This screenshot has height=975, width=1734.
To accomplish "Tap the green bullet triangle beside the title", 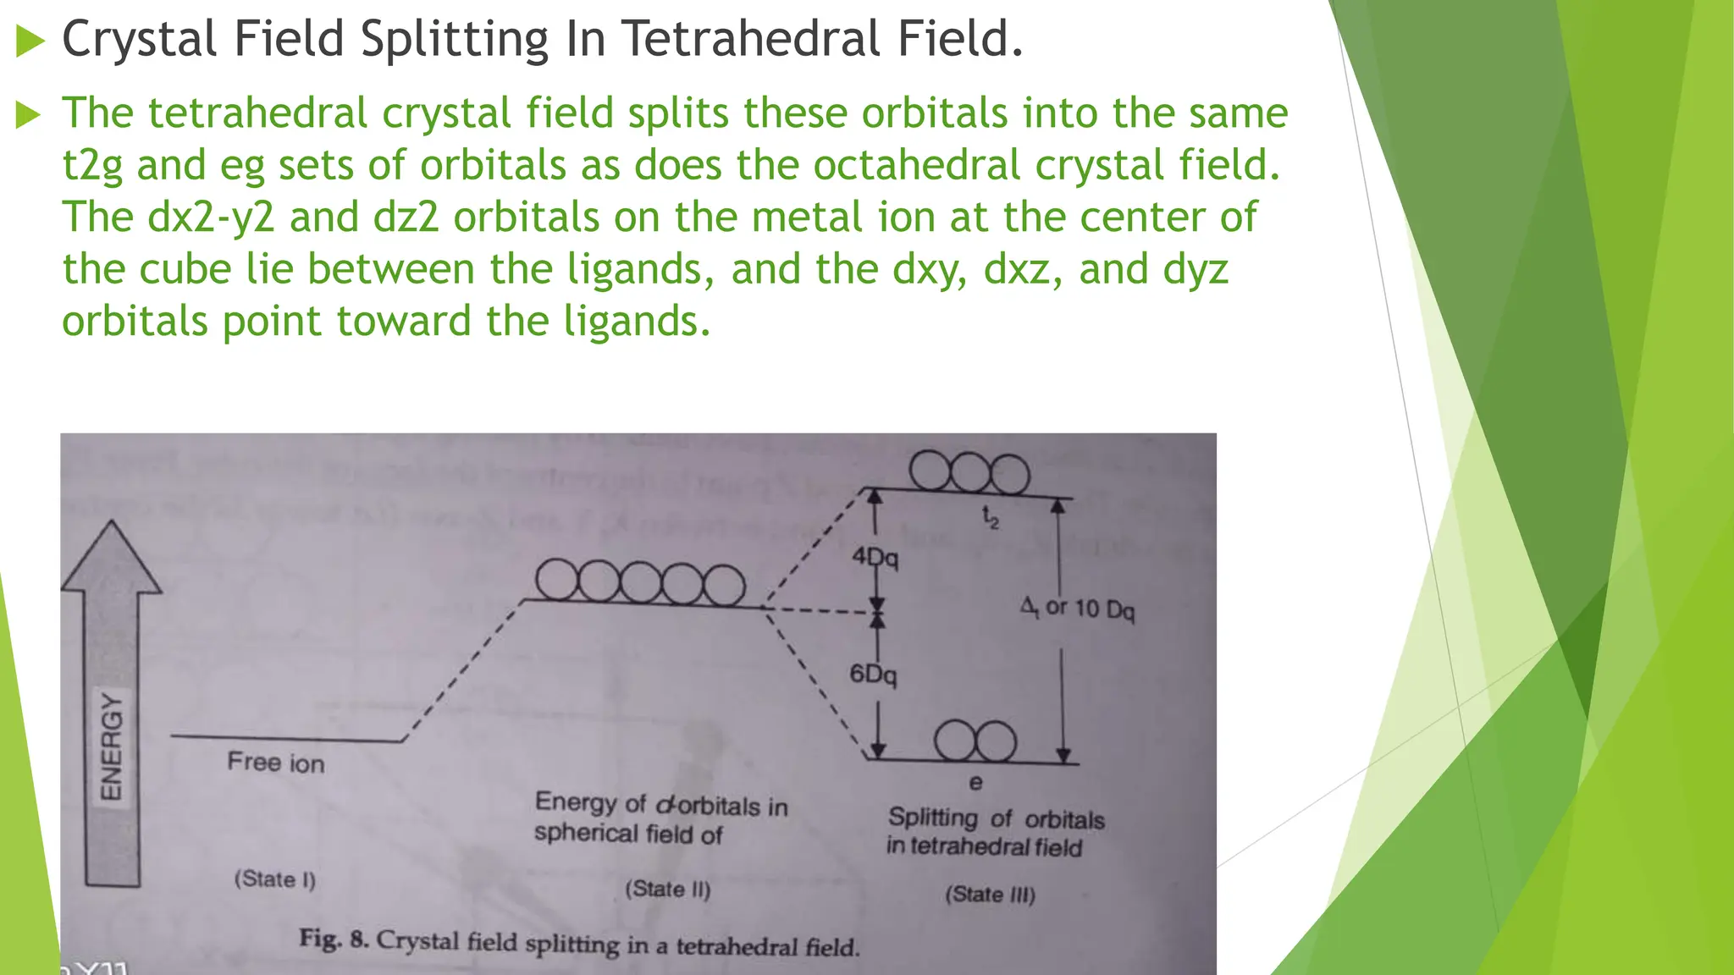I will (x=30, y=41).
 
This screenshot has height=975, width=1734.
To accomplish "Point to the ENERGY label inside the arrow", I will (x=112, y=746).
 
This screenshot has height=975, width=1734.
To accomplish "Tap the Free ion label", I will (x=276, y=763).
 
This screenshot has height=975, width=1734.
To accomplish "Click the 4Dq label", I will (x=875, y=557).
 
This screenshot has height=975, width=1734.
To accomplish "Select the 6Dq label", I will (x=873, y=675).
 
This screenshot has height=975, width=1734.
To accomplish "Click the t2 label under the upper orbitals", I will (x=990, y=516).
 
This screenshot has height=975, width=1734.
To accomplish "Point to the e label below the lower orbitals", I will (x=975, y=783).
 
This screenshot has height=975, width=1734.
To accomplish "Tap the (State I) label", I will (x=275, y=879).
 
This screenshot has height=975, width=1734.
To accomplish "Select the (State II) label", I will (x=668, y=889).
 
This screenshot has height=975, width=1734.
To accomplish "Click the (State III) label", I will (x=991, y=894).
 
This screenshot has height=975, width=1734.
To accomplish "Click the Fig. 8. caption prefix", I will (x=334, y=939).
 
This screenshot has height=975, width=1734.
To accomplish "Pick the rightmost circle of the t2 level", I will (x=1009, y=474).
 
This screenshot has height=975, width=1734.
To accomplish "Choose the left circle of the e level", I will (x=956, y=741).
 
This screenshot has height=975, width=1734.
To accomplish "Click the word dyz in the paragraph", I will (x=1196, y=269).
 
